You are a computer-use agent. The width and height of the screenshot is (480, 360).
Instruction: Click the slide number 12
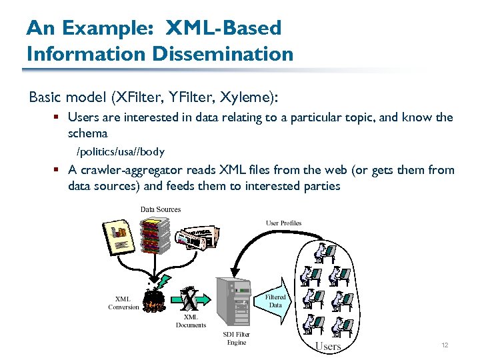(444, 345)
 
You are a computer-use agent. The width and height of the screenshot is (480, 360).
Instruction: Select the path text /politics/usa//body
(121, 151)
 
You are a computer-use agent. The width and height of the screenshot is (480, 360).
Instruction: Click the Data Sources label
(161, 209)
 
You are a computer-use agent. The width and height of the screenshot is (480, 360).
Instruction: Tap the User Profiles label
(284, 223)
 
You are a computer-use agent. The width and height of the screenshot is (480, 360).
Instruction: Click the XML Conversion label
(123, 303)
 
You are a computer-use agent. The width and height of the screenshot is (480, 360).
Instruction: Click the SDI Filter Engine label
(237, 338)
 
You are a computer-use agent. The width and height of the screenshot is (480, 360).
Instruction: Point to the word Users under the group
(328, 346)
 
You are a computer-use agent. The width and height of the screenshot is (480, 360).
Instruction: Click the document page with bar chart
(121, 236)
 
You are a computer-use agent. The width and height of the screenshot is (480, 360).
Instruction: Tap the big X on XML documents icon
(189, 298)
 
